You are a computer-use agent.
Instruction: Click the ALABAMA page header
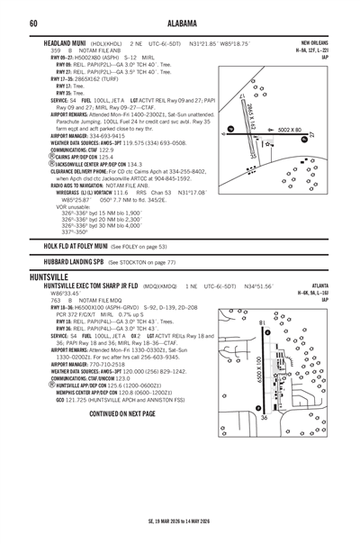180,23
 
